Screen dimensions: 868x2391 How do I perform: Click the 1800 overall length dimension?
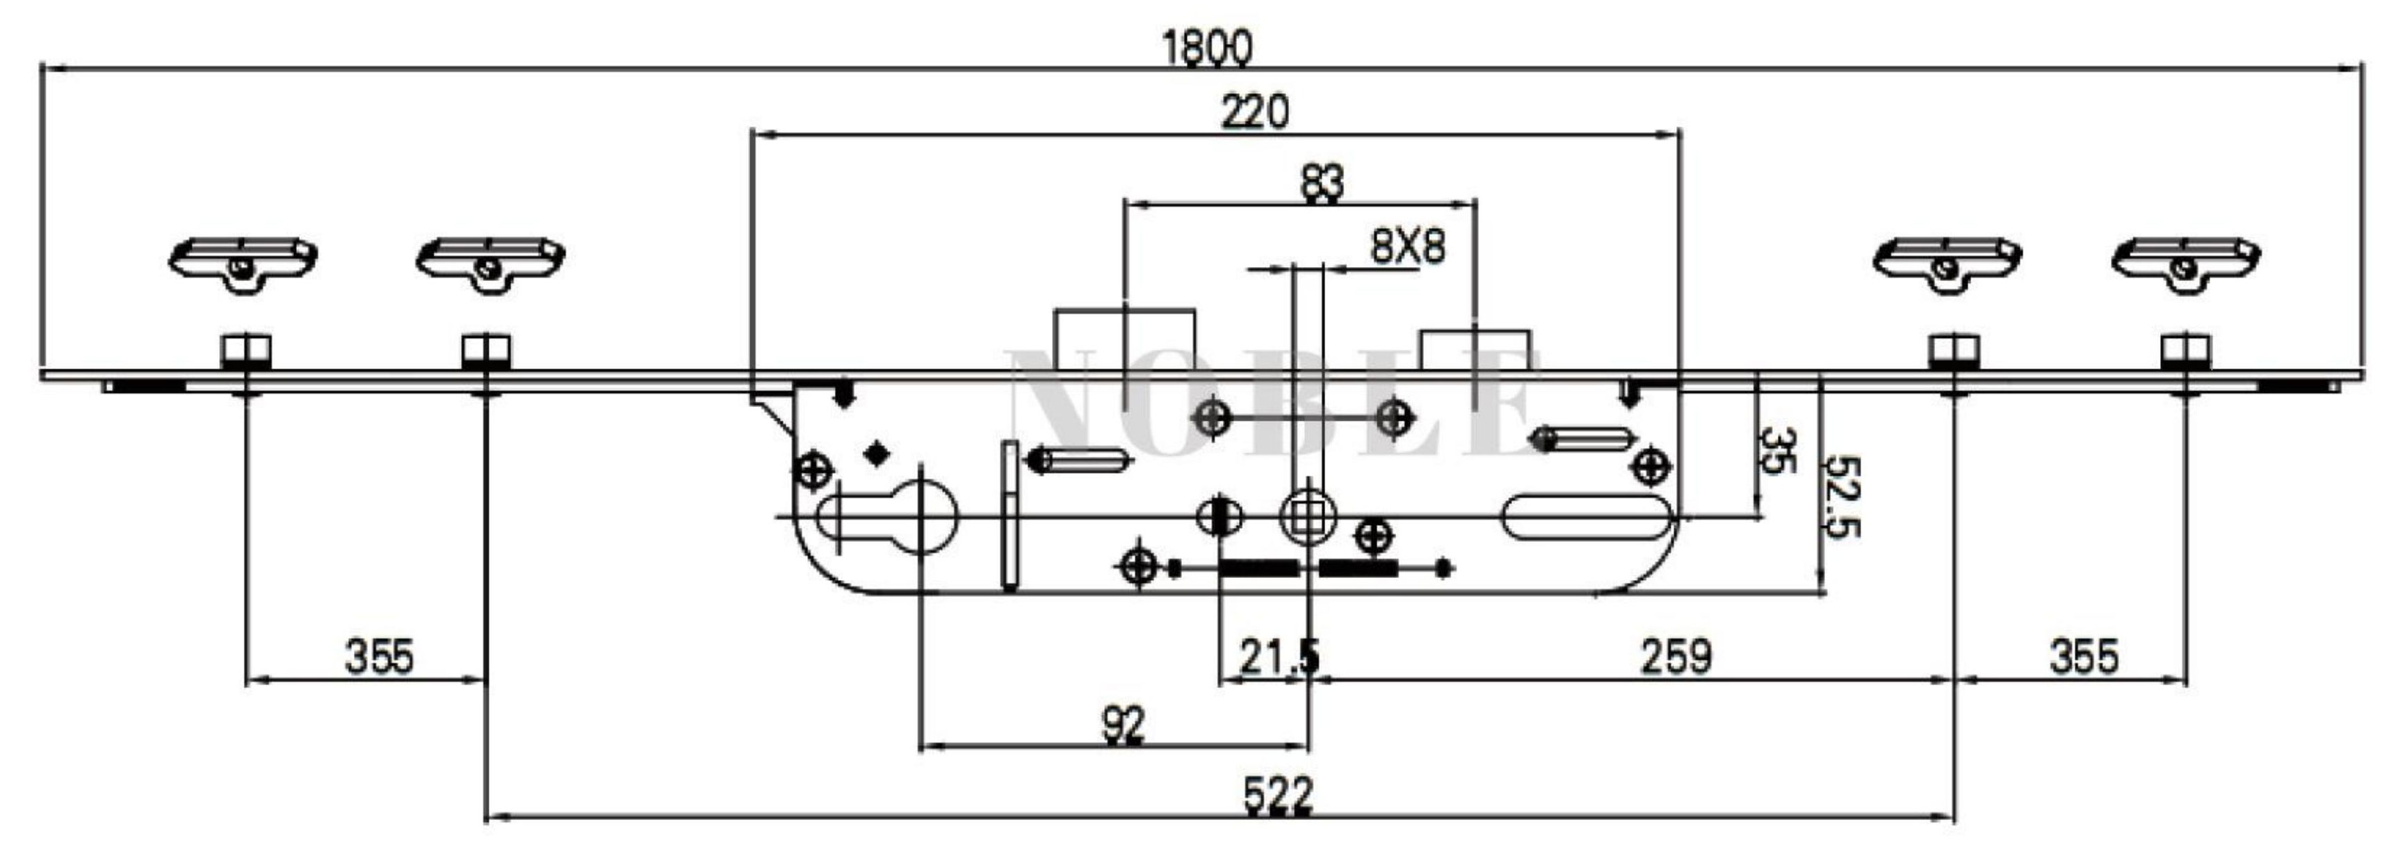(x=1207, y=48)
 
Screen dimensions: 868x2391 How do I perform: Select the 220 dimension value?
(x=1254, y=113)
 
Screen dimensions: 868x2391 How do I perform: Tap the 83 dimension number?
(x=1321, y=183)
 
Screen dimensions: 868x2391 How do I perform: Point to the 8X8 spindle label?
(x=1407, y=248)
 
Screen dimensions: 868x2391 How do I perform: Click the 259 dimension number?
(x=1676, y=657)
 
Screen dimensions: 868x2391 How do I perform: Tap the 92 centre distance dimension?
(x=1123, y=725)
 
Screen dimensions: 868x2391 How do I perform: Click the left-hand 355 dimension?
(x=379, y=657)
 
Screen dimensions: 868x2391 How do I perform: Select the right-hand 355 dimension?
(x=2084, y=657)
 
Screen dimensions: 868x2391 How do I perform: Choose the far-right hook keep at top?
(x=2186, y=260)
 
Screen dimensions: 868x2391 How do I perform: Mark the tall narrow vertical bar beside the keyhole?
(x=1010, y=515)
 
